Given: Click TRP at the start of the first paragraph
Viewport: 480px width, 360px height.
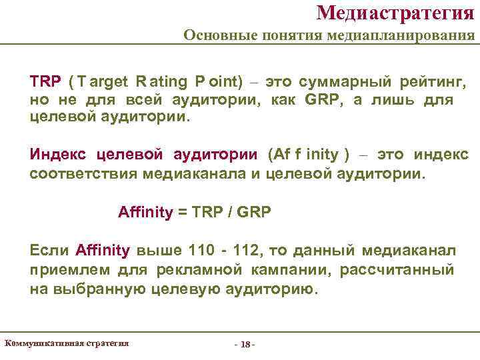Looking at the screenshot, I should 45,82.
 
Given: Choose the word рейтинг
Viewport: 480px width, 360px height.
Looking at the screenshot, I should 433,82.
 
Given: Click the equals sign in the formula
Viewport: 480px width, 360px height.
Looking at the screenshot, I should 182,213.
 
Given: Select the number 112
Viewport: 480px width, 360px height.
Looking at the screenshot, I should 246,251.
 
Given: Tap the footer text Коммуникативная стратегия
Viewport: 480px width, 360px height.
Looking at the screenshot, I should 67,343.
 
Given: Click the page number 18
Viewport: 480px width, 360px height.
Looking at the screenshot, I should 245,345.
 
